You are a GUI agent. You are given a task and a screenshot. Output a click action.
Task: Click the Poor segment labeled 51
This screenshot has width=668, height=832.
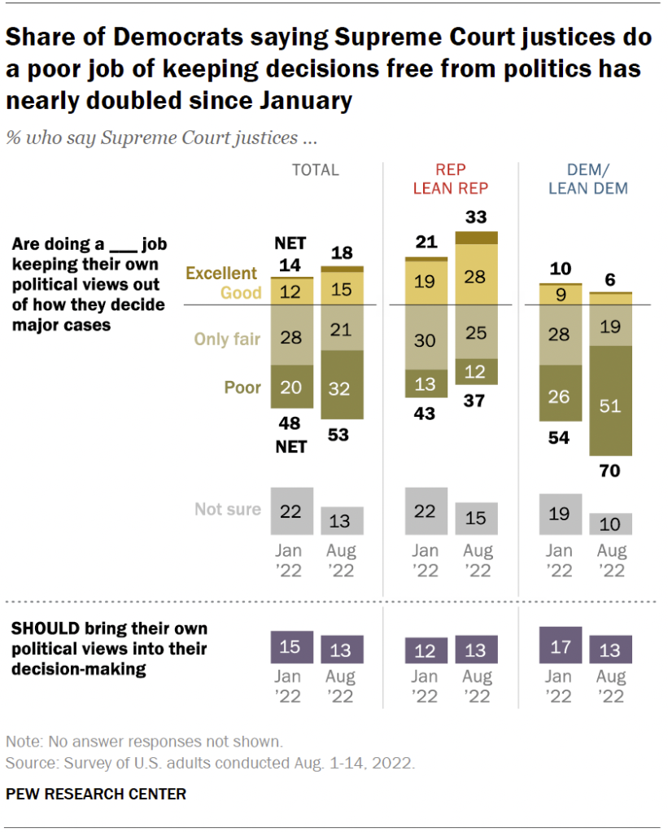[x=610, y=405]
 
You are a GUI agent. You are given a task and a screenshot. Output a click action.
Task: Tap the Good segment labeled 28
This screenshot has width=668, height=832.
[x=476, y=275]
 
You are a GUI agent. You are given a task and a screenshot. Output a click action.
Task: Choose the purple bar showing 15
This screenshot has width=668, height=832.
[x=291, y=649]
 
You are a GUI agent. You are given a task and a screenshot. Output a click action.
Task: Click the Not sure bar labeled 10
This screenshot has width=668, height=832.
[x=610, y=523]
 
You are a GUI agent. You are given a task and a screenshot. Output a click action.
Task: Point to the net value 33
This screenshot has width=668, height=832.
[x=476, y=217]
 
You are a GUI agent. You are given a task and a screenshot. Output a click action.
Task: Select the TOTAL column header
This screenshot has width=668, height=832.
[x=315, y=170]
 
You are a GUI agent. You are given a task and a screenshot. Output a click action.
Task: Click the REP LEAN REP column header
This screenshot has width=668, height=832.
[x=449, y=179]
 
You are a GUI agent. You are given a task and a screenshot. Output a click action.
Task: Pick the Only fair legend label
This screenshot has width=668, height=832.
[x=226, y=339]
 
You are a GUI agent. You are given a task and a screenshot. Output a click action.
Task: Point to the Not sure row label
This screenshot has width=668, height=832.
[x=227, y=510]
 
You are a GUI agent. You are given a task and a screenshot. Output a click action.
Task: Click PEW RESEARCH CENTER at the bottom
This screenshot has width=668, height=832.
[x=96, y=793]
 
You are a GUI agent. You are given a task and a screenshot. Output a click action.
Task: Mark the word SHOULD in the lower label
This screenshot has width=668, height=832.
[x=40, y=629]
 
